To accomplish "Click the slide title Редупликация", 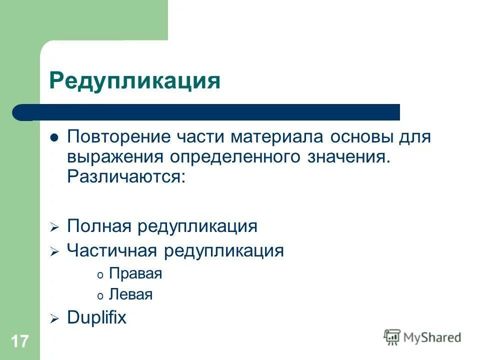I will pyautogui.click(x=134, y=80).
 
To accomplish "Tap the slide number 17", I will pyautogui.click(x=19, y=342).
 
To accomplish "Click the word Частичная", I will pyautogui.click(x=112, y=250).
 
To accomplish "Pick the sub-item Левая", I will pyautogui.click(x=130, y=294).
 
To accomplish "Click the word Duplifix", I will pyautogui.click(x=97, y=318).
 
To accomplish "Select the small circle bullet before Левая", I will pyautogui.click(x=100, y=295).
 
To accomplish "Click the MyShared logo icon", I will pyautogui.click(x=392, y=337).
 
